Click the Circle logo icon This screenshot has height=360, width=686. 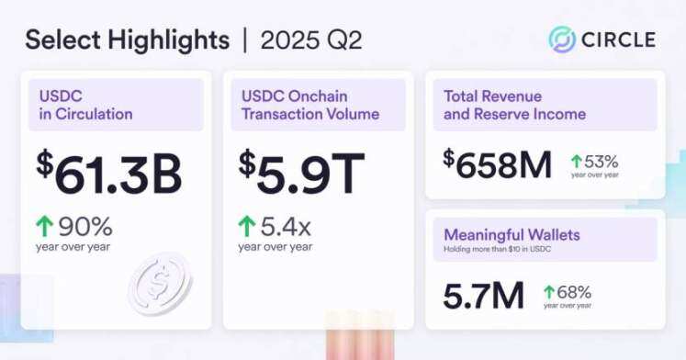[x=562, y=39]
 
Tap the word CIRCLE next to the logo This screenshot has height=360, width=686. [x=617, y=39]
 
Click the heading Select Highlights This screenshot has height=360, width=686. [x=127, y=40]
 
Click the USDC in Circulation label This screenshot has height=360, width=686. [x=85, y=105]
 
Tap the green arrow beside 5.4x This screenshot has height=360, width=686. [x=246, y=226]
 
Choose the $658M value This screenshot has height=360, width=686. [x=498, y=164]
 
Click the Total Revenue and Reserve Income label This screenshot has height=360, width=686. [x=514, y=105]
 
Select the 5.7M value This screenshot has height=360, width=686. [x=483, y=295]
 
